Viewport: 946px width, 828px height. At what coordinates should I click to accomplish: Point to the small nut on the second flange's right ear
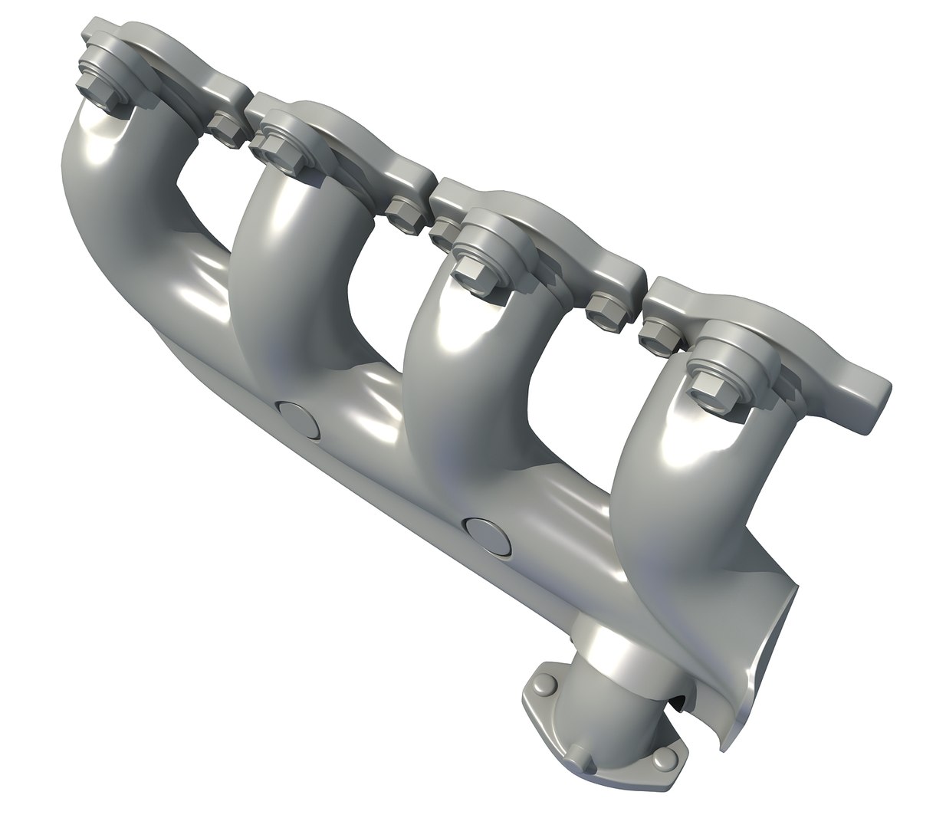coord(403,213)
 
